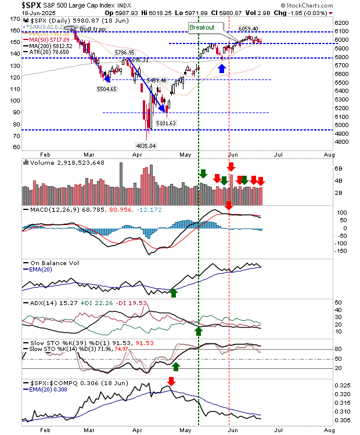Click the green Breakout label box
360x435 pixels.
tap(201, 27)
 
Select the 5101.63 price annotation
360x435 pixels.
tap(166, 123)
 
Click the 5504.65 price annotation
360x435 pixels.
tap(106, 89)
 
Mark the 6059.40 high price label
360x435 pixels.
tap(249, 29)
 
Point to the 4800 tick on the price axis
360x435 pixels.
tap(342, 142)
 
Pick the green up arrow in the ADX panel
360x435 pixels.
tap(199, 330)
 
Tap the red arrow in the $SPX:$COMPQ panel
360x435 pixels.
tap(171, 381)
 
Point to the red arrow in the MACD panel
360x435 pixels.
tap(229, 205)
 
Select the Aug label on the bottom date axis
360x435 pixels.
tap(329, 430)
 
